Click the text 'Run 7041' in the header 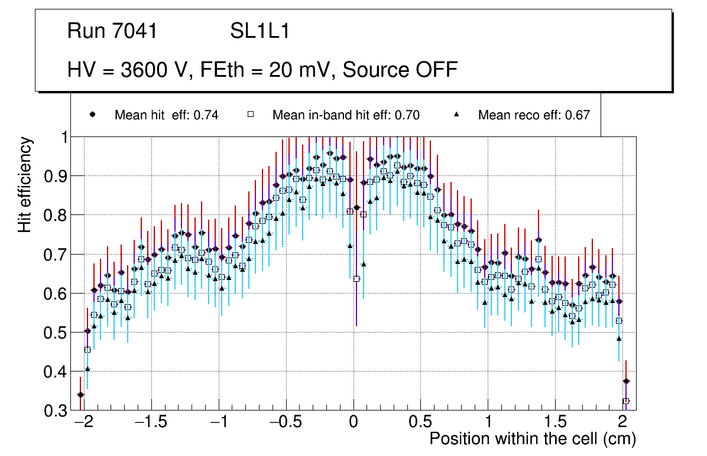pos(112,31)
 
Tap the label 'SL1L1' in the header pos(260,31)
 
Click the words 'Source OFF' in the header pos(400,70)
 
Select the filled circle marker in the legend pos(93,115)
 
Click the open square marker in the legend pos(250,115)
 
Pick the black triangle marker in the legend pos(456,115)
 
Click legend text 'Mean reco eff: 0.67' pos(534,115)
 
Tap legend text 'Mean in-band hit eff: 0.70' pos(346,115)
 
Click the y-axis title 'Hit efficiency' pos(25,184)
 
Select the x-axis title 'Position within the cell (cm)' pos(532,439)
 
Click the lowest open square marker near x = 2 pos(626,401)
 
